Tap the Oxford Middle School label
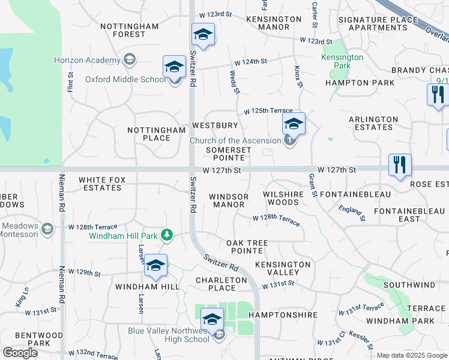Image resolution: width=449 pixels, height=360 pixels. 125,79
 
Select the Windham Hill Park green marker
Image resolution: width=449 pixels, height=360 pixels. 169,235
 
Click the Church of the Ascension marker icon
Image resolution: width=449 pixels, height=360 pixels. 289,141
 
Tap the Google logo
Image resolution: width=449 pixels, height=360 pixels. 20,353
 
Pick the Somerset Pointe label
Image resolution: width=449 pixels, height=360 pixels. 225,154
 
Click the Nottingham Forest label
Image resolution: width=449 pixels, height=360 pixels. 129,31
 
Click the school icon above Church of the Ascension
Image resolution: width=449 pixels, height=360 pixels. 293,124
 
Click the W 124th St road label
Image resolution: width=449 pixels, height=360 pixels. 250,62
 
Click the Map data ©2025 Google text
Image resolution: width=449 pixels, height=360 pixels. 412,355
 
